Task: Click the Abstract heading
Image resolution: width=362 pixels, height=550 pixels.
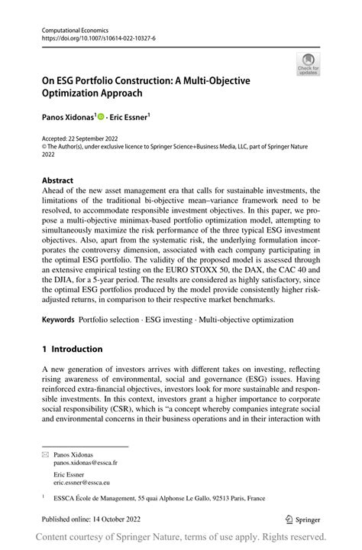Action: click(x=58, y=181)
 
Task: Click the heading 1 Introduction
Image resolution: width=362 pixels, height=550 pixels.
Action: click(x=73, y=350)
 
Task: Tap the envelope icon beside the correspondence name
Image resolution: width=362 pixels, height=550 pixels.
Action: click(x=45, y=454)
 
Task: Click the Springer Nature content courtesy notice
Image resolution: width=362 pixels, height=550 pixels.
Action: click(x=181, y=537)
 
